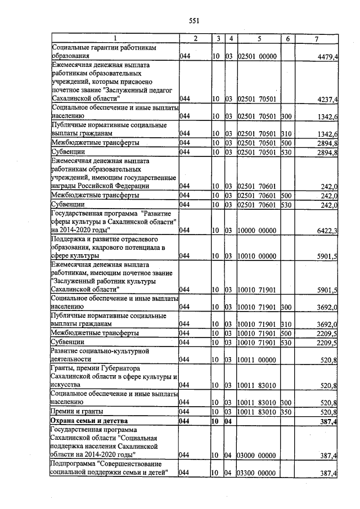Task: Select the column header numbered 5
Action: [259, 39]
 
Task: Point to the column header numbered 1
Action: [115, 39]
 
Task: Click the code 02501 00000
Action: [256, 57]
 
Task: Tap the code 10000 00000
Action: [256, 230]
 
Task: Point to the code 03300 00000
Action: [256, 474]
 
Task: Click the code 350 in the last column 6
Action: [286, 412]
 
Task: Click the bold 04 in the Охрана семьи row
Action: [229, 421]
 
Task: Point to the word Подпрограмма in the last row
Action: [74, 465]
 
